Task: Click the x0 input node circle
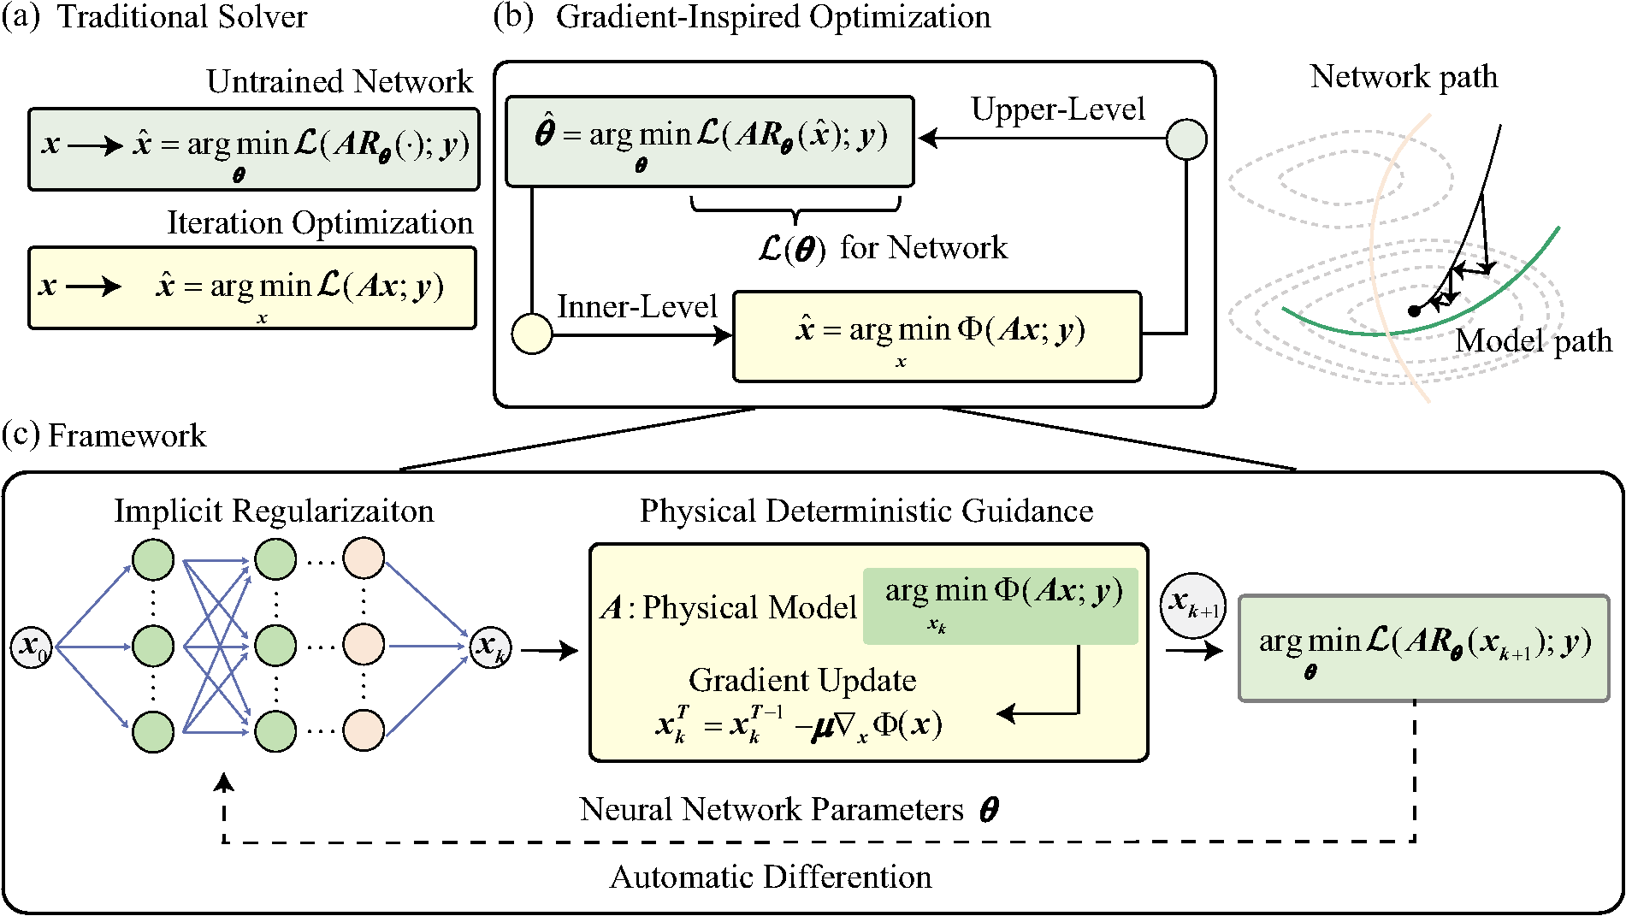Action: tap(32, 647)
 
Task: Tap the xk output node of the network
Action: tap(491, 647)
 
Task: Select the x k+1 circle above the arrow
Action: tap(1193, 605)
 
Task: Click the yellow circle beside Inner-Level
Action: tap(531, 334)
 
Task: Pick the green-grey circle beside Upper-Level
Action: tap(1186, 139)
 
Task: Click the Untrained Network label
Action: tap(340, 82)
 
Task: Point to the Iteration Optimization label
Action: tap(320, 223)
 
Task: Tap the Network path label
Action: tap(1404, 77)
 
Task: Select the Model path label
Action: tap(1533, 341)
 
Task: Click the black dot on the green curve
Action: tap(1414, 310)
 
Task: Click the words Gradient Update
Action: tap(802, 681)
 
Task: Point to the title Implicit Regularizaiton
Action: tap(274, 511)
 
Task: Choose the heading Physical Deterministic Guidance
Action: tap(866, 511)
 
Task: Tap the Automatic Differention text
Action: tap(770, 878)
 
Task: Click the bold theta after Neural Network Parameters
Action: tap(989, 809)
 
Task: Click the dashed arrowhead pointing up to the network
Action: tap(224, 781)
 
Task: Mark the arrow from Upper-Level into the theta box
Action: tap(929, 138)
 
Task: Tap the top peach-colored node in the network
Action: tap(364, 559)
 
